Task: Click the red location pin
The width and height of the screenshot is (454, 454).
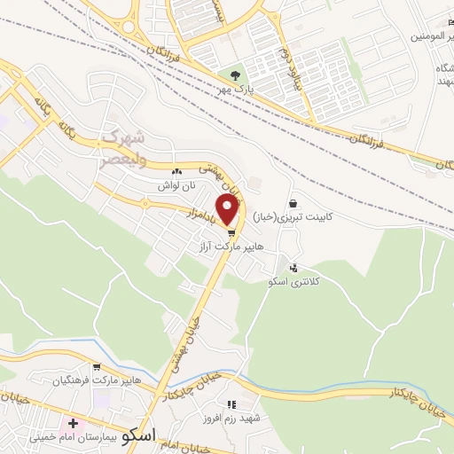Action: [228, 209]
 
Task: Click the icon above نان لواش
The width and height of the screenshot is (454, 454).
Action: [177, 172]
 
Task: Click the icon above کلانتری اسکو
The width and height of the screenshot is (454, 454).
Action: [294, 267]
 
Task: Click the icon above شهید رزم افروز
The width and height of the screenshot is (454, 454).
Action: [233, 404]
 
